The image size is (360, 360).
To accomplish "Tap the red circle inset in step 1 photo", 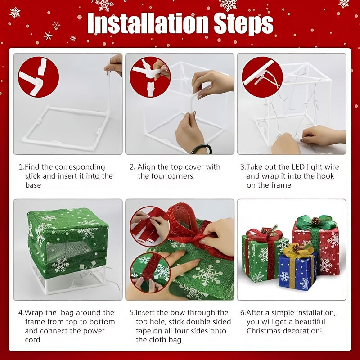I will [x=38, y=77].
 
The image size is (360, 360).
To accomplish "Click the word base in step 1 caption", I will [x=33, y=185].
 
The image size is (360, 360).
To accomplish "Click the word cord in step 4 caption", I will [x=32, y=340].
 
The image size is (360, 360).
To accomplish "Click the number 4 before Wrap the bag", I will [x=21, y=313].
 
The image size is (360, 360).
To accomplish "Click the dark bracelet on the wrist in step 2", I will [x=202, y=148].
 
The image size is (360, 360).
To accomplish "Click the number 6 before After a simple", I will [x=243, y=313].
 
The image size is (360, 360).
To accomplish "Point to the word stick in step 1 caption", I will [x=33, y=176].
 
